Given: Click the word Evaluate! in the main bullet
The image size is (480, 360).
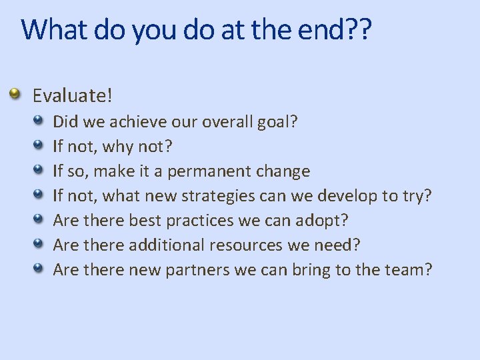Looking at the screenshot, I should (x=73, y=95).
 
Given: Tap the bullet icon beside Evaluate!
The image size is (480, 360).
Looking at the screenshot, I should (x=15, y=94).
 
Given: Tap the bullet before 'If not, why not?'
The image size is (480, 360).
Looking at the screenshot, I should (x=40, y=145).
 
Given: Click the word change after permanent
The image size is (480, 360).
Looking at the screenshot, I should (x=285, y=171).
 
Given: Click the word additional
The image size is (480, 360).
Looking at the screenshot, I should (x=167, y=245).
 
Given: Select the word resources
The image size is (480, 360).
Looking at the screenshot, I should (x=246, y=245).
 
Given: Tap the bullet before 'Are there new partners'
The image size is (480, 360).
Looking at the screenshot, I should (x=40, y=269).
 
